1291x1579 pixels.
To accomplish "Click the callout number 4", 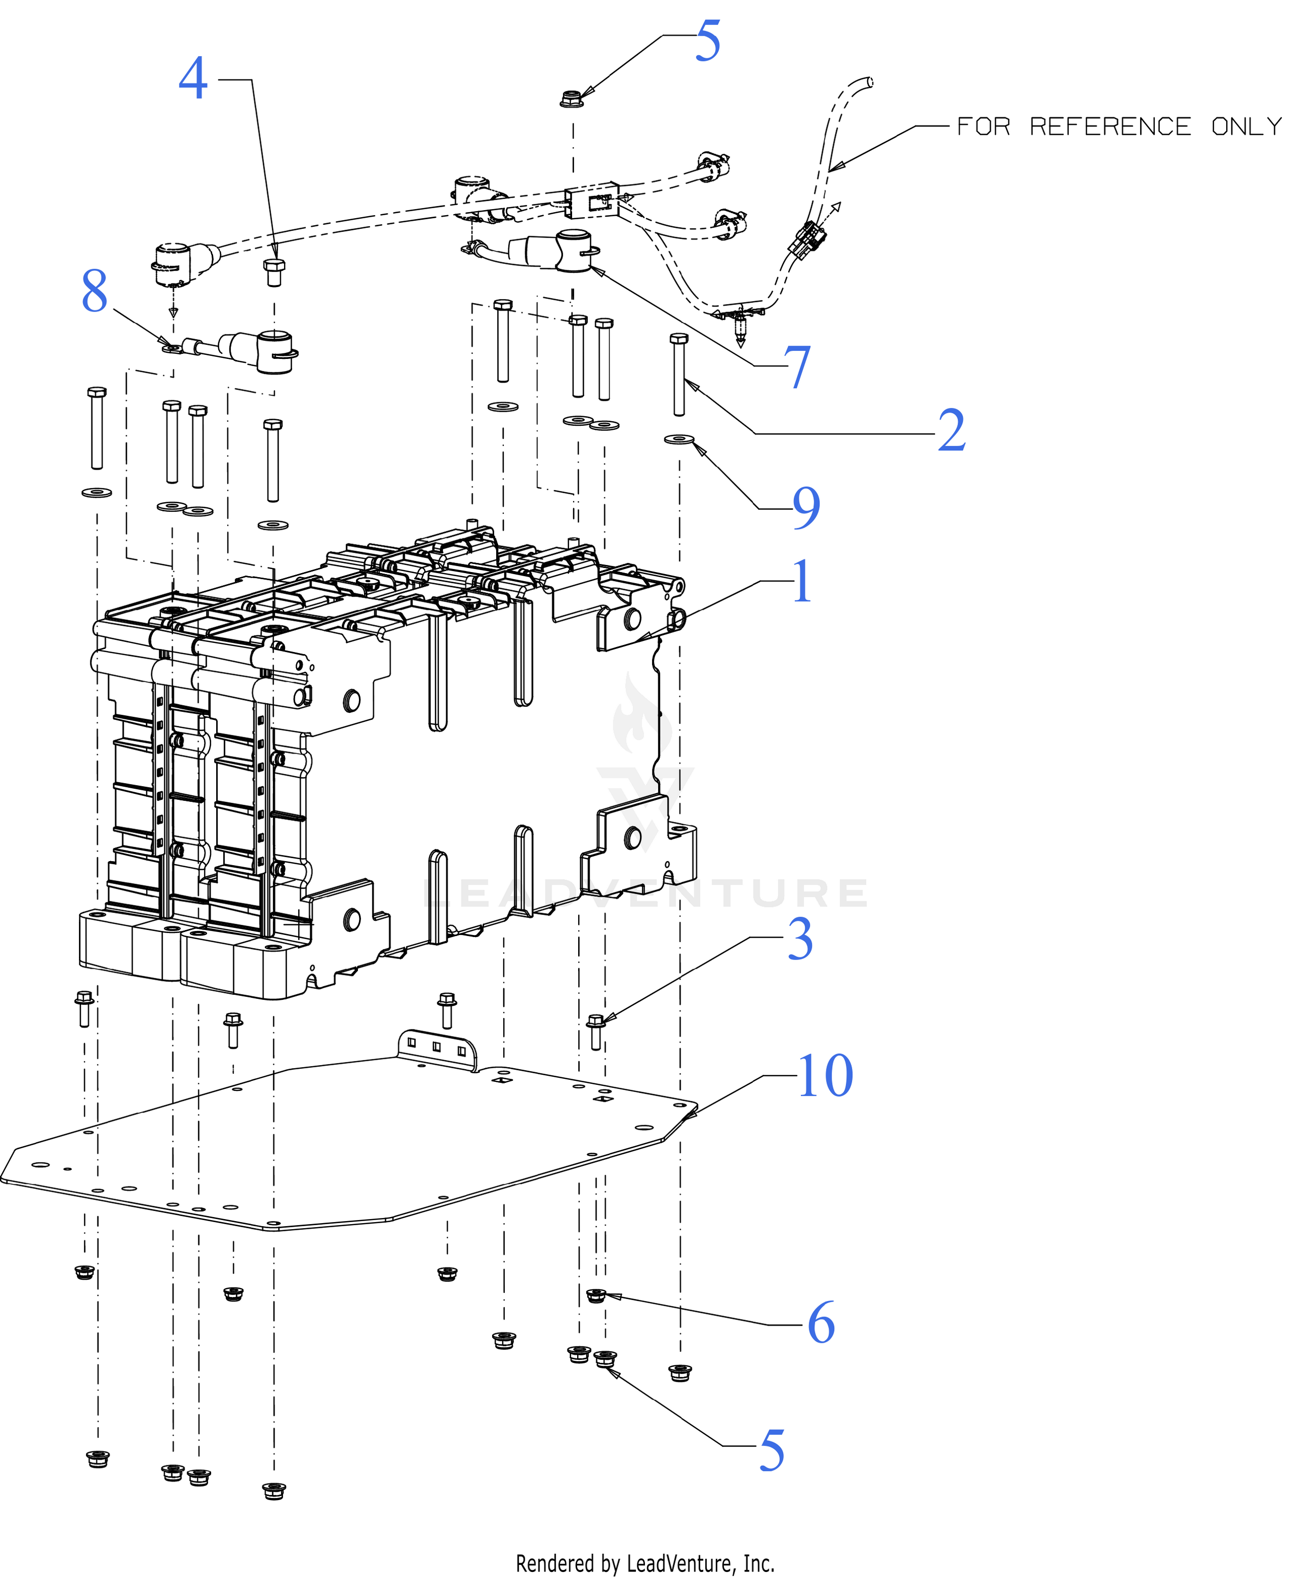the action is coord(194,78).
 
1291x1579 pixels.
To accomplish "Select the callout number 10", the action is coord(825,1075).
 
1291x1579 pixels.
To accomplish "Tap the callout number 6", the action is coord(821,1323).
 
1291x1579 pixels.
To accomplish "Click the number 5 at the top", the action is coord(708,40).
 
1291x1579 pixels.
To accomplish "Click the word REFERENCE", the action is coord(1111,127).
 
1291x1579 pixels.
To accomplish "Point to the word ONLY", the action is coord(1246,127).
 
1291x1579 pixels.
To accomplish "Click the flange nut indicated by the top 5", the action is coord(572,98).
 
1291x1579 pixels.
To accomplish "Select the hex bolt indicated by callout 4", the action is coord(274,272).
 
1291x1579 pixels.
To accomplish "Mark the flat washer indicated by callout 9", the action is coord(679,439).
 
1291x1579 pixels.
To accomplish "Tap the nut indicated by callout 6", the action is coord(596,1295).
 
